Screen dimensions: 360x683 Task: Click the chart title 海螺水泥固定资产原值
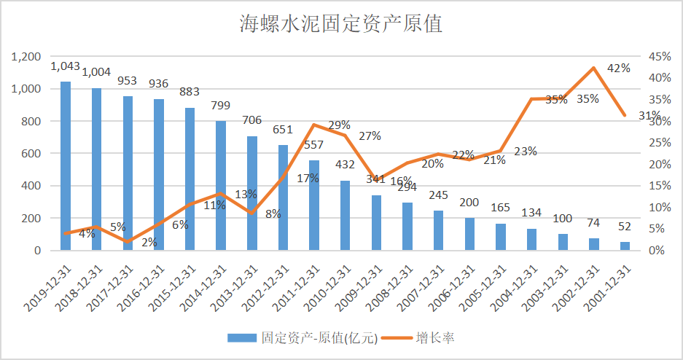341,25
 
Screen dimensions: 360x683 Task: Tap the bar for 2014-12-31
221,186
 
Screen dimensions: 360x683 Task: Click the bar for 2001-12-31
625,246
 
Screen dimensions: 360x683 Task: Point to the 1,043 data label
65,66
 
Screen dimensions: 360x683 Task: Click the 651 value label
282,130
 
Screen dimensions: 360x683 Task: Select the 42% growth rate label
618,68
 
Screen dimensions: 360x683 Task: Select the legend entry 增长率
436,337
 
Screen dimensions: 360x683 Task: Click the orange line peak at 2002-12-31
593,68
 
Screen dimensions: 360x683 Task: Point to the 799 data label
220,106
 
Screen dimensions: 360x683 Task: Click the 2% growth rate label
149,242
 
